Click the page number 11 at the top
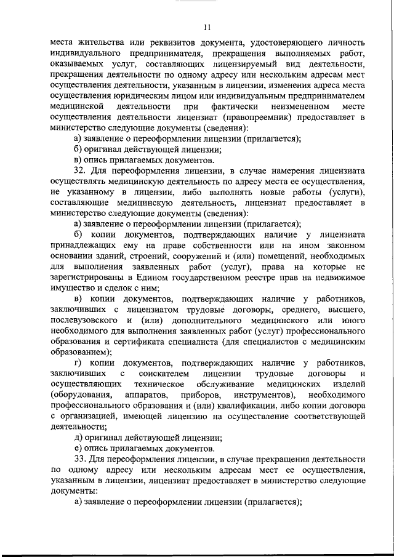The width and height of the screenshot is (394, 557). (x=206, y=27)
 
